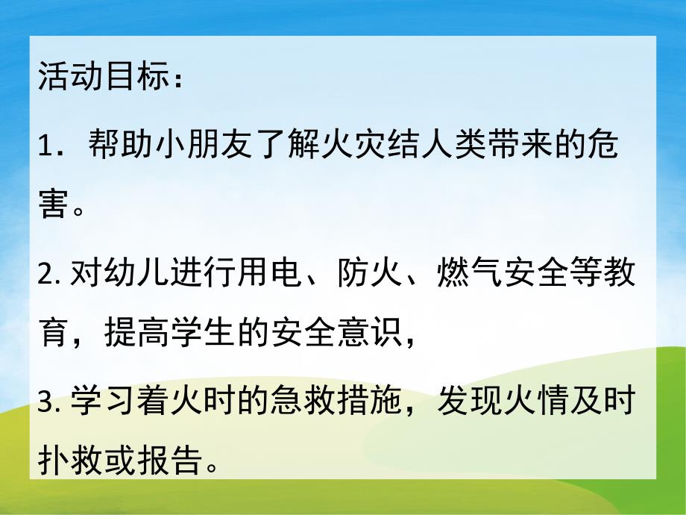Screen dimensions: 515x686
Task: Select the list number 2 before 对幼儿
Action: pos(45,278)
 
